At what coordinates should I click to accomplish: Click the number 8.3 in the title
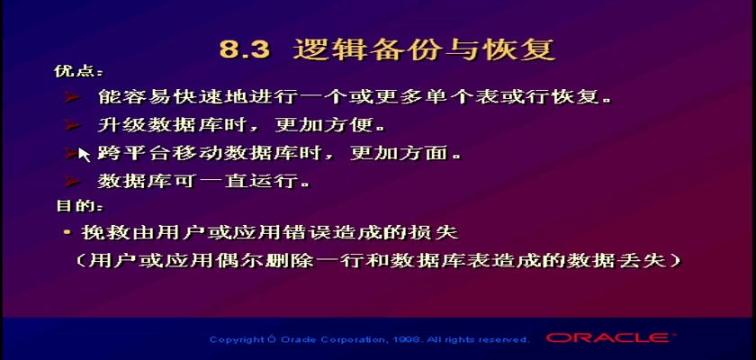click(244, 49)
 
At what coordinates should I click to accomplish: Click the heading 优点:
click(78, 71)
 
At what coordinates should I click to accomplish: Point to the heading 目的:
click(79, 206)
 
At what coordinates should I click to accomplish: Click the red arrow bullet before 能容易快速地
click(73, 98)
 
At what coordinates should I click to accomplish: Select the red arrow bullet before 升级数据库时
click(73, 125)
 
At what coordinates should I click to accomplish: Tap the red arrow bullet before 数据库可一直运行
click(73, 182)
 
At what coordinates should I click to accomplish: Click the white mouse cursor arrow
click(84, 155)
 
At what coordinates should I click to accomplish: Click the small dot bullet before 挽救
click(67, 233)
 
